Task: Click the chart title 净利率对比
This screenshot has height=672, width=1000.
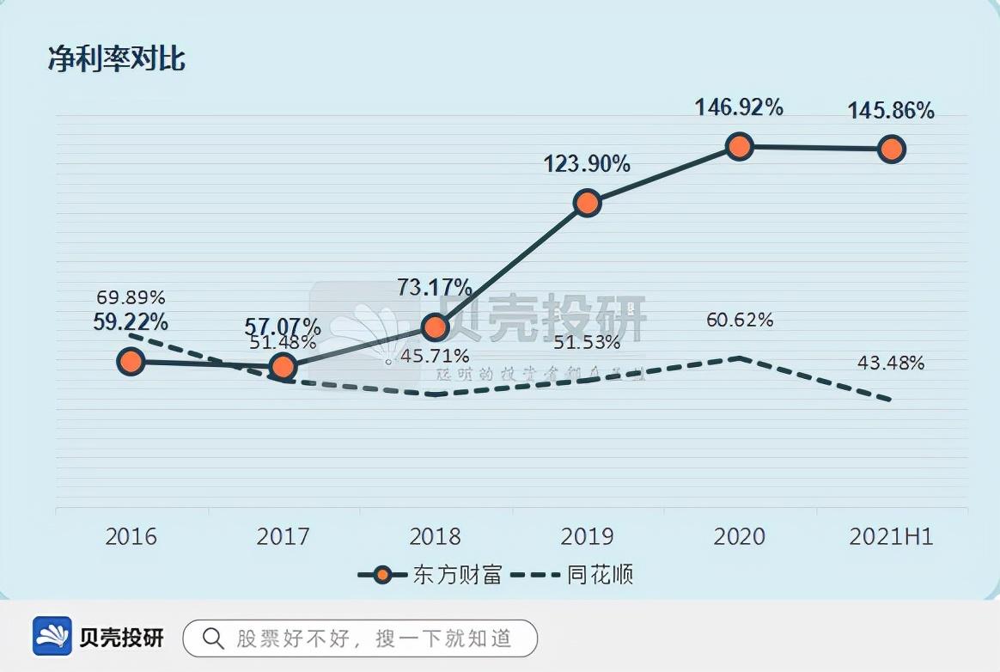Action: pos(117,60)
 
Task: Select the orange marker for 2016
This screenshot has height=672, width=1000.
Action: pos(131,361)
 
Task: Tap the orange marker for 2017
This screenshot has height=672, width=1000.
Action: pos(283,367)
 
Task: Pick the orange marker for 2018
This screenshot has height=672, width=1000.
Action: pos(436,327)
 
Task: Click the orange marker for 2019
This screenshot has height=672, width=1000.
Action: pos(587,203)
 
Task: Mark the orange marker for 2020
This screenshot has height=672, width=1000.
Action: pos(739,146)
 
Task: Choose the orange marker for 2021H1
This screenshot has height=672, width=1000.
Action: pos(892,149)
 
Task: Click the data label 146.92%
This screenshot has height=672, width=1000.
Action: pos(739,107)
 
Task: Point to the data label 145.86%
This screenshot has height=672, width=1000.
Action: pos(891,111)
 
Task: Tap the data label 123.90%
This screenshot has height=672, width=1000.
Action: pos(587,163)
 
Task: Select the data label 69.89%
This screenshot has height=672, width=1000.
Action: pos(131,298)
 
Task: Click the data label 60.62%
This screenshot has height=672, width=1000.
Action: pos(740,321)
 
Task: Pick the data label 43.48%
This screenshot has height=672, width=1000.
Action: pos(891,363)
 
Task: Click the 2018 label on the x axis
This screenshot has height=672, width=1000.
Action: pos(436,537)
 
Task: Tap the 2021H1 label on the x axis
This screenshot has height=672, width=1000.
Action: pos(891,537)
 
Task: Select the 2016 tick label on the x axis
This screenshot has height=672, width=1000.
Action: pos(131,537)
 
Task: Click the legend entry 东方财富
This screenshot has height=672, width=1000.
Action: pos(430,575)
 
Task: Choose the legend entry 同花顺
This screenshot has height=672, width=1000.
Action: pos(574,575)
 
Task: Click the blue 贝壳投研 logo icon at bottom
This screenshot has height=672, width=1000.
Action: pos(52,637)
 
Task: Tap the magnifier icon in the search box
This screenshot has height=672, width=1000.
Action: pos(212,638)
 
